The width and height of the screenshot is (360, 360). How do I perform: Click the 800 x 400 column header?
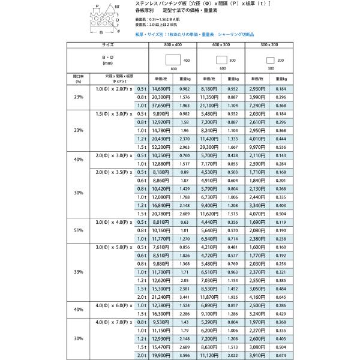click(x=173, y=44)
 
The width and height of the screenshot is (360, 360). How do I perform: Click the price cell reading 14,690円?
click(x=163, y=88)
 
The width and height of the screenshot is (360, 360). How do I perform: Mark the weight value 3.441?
click(x=185, y=296)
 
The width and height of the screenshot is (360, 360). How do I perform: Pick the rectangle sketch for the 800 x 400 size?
click(x=173, y=61)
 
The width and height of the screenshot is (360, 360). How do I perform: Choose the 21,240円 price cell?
click(x=163, y=296)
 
